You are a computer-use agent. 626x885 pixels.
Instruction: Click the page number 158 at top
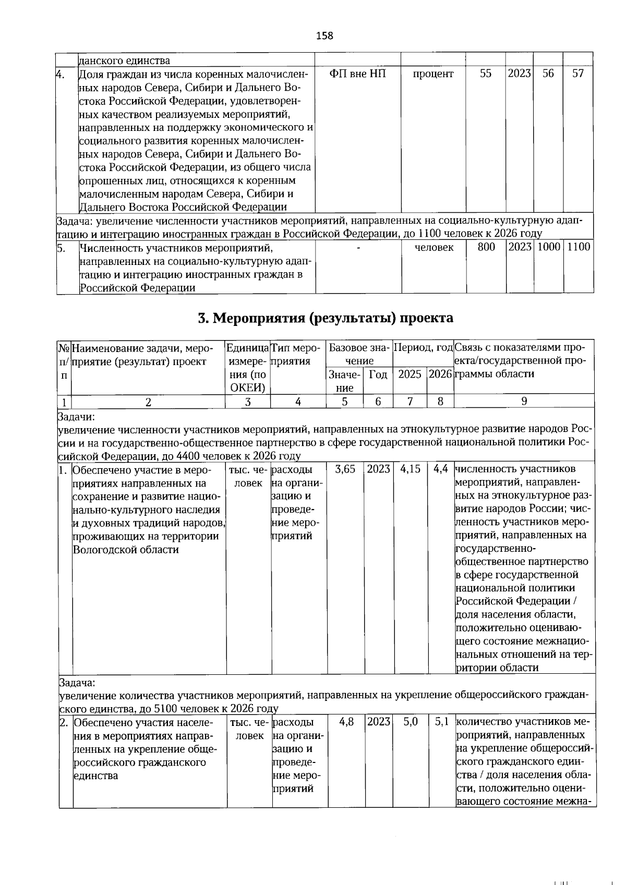pyautogui.click(x=324, y=36)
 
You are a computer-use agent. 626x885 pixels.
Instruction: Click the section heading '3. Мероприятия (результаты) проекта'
pyautogui.click(x=326, y=318)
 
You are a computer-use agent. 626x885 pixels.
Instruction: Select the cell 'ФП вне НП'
pyautogui.click(x=358, y=74)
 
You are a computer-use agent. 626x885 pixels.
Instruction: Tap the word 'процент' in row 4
pyautogui.click(x=433, y=74)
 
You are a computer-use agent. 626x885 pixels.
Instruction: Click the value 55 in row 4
pyautogui.click(x=486, y=74)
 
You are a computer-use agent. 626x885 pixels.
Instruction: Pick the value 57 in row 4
pyautogui.click(x=577, y=74)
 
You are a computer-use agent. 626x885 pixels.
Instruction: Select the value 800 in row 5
pyautogui.click(x=486, y=247)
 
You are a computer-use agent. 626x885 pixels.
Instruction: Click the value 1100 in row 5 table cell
pyautogui.click(x=579, y=247)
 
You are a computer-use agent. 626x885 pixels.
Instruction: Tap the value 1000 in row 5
pyautogui.click(x=548, y=247)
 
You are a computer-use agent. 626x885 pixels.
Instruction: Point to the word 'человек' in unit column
pyautogui.click(x=434, y=248)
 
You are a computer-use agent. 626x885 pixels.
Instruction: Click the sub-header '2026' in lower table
pyautogui.click(x=440, y=374)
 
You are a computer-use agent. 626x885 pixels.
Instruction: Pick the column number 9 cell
pyautogui.click(x=524, y=401)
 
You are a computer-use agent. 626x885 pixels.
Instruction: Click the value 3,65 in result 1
pyautogui.click(x=345, y=469)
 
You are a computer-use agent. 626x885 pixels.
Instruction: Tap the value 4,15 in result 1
pyautogui.click(x=410, y=469)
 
